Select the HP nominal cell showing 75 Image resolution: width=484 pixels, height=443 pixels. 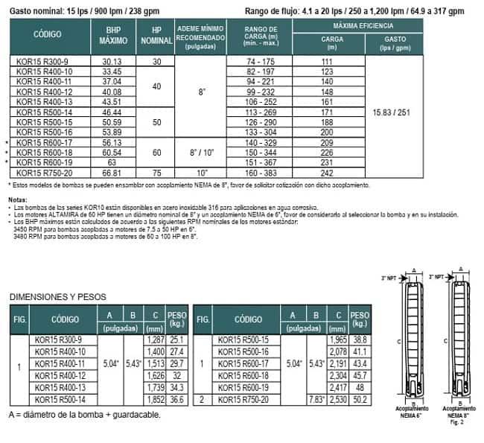point(156,172)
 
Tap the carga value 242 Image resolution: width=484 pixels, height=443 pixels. point(326,172)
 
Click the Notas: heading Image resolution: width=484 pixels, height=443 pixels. point(16,200)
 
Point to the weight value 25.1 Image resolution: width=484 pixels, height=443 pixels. point(176,340)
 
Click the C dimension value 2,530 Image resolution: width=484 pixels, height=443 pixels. point(339,400)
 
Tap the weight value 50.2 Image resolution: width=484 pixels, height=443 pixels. point(360,400)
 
